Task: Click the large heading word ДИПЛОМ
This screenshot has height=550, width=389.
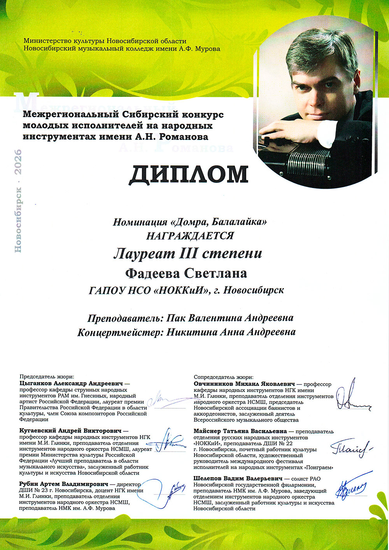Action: [x=189, y=175]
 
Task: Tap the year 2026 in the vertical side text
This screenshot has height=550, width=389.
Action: [x=18, y=161]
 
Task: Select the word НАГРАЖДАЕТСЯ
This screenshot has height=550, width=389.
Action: [x=190, y=236]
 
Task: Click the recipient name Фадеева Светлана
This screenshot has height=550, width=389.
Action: [x=186, y=273]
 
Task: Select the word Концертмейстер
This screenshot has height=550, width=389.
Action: [x=120, y=332]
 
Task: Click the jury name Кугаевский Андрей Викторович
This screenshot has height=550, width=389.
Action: [x=70, y=431]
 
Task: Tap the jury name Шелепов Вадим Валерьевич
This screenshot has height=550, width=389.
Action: [x=237, y=478]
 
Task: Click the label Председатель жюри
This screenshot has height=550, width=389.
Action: [x=46, y=377]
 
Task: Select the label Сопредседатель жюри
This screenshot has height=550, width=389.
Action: [x=223, y=377]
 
